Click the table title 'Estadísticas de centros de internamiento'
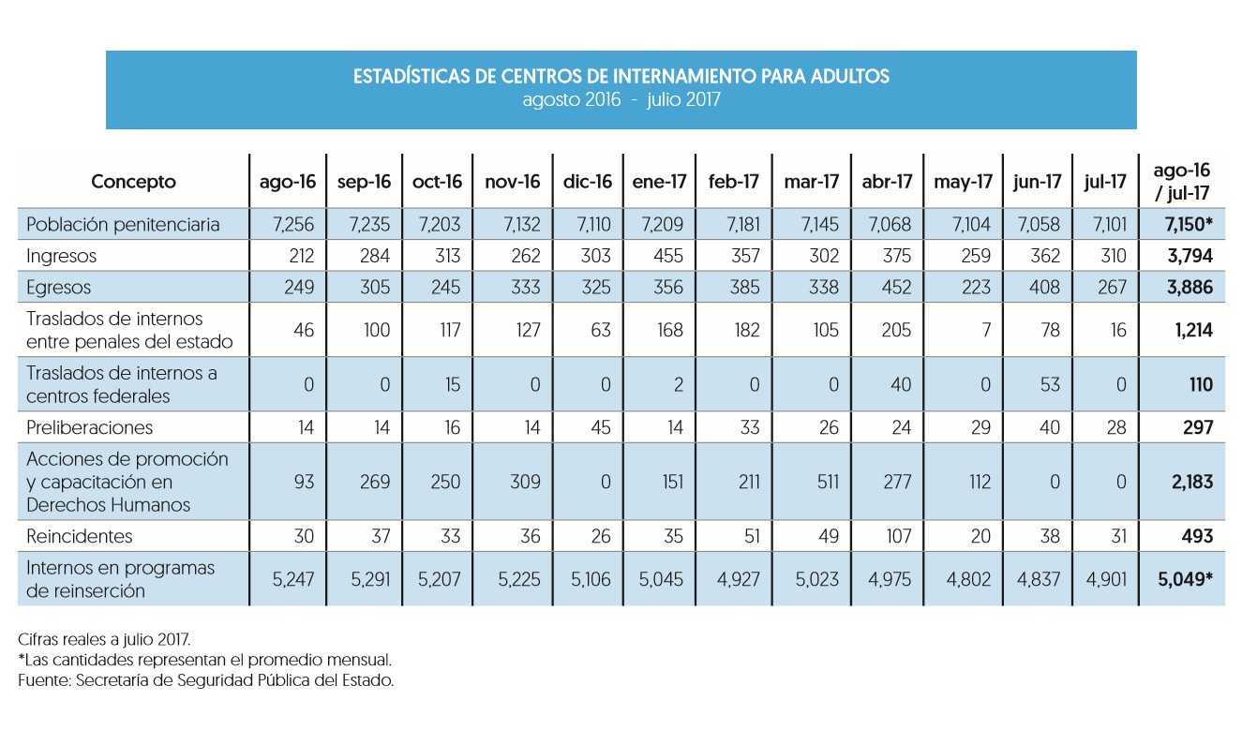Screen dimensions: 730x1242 point(621,76)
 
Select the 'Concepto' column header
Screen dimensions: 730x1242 point(133,182)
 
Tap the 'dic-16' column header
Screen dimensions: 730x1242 point(588,182)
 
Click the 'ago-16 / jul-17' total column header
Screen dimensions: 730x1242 point(1182,182)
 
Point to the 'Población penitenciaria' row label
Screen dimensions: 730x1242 point(123,225)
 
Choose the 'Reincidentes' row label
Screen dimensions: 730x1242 point(80,536)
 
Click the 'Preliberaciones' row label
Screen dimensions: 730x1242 point(90,427)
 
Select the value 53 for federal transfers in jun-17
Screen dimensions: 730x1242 point(1050,385)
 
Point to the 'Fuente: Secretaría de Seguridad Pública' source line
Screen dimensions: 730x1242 point(205,680)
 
